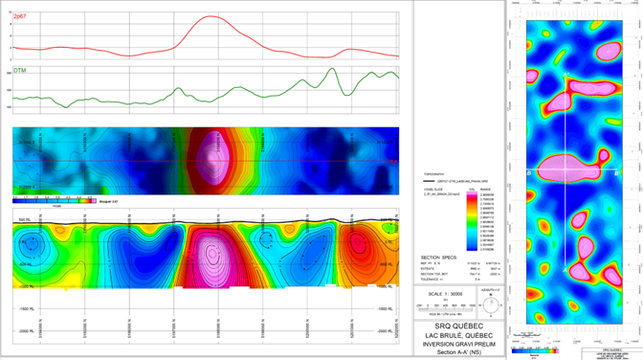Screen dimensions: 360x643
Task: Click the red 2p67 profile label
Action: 20,18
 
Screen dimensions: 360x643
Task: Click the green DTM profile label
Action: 19,71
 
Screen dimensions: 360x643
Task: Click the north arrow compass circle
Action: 490,304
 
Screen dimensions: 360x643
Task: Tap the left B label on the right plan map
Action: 529,173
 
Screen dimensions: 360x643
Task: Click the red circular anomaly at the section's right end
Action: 366,251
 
